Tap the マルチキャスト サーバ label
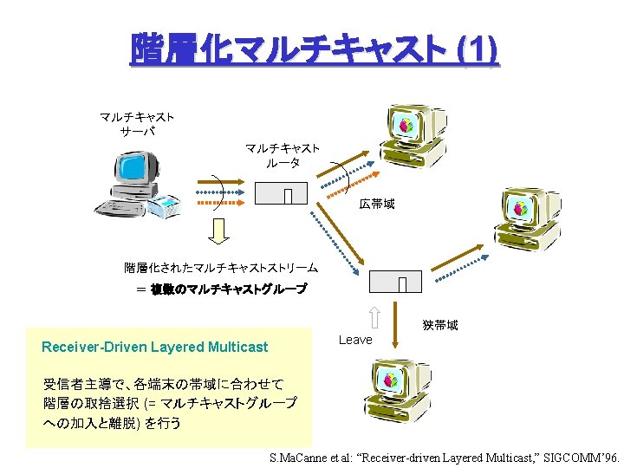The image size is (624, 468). (x=137, y=123)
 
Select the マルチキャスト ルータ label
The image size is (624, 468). (x=282, y=155)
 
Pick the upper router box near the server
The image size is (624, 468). (x=282, y=193)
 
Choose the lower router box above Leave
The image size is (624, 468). (x=395, y=282)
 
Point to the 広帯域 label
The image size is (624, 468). (x=377, y=205)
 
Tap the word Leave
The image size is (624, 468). (x=355, y=340)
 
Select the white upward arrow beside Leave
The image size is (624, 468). (x=374, y=318)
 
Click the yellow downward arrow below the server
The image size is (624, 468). (x=220, y=230)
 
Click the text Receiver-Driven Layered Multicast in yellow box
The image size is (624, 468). (x=155, y=348)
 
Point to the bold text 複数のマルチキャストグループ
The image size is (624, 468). (x=229, y=289)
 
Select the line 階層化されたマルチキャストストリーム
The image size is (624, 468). (x=221, y=269)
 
